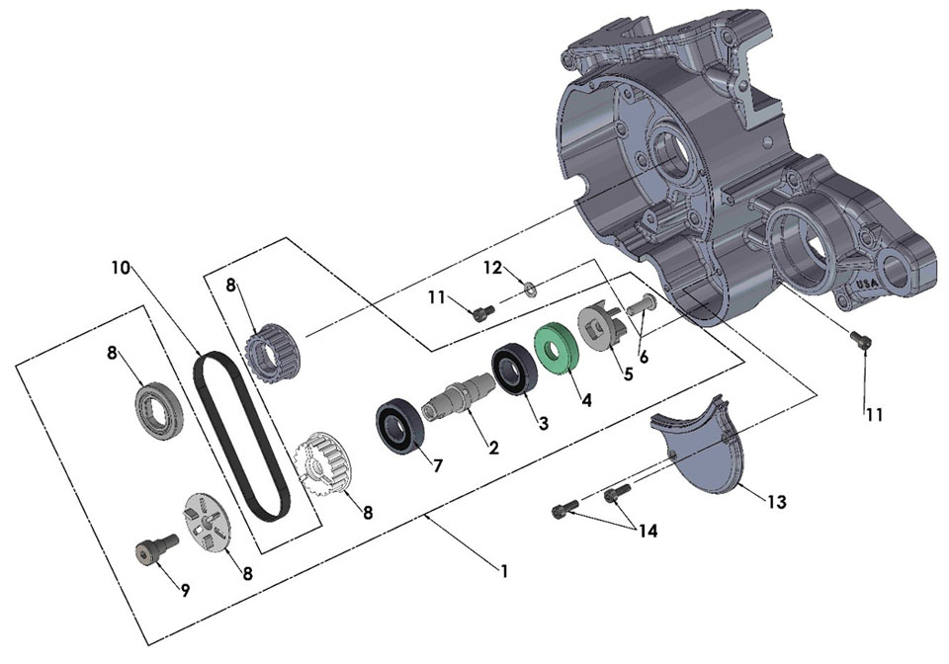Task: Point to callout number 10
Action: (120, 268)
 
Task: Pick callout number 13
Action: (776, 502)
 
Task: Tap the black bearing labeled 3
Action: (515, 370)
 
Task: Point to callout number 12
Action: (492, 268)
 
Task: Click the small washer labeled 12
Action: (530, 289)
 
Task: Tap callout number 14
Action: (647, 530)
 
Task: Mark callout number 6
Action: (644, 357)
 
